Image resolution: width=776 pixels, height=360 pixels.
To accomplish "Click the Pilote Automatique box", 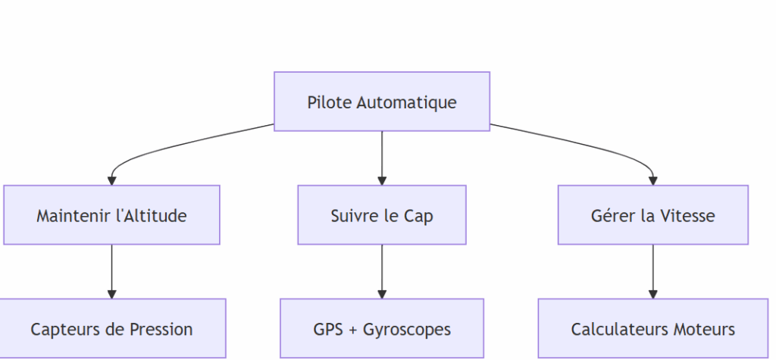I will (x=381, y=102).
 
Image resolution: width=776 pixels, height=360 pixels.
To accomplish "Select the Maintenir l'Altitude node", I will (x=111, y=215).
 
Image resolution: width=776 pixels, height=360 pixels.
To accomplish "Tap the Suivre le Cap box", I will (x=381, y=215).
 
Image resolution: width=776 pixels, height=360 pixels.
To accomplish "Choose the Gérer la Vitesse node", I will (x=652, y=215).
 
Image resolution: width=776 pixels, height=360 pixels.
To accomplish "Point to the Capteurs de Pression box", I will (x=111, y=329).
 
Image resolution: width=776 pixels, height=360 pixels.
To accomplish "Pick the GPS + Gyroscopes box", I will (x=381, y=329).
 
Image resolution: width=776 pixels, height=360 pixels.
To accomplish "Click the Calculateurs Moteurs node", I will (x=652, y=329).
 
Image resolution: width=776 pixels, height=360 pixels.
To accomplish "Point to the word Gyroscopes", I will (x=407, y=330).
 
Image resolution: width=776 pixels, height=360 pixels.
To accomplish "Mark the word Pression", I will (x=161, y=330).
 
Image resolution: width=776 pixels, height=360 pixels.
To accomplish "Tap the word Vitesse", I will (x=687, y=216).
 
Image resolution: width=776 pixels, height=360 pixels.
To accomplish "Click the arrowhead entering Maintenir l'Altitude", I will (x=111, y=180).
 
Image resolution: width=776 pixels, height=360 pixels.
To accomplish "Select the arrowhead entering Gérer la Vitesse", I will (x=652, y=180).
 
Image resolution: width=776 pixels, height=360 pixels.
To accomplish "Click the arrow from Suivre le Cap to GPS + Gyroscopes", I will (x=381, y=269).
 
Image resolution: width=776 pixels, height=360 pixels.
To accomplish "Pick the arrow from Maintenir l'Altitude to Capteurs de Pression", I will (x=111, y=269).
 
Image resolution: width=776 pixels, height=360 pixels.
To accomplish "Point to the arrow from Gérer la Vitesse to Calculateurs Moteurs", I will (x=652, y=269).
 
